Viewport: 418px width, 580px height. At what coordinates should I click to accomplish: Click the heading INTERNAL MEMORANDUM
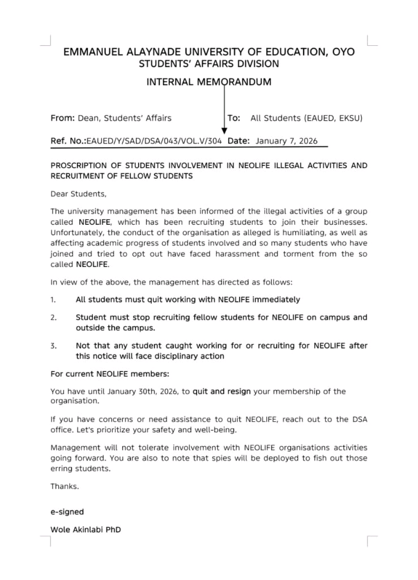[208, 82]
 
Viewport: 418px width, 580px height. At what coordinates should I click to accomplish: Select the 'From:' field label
[62, 118]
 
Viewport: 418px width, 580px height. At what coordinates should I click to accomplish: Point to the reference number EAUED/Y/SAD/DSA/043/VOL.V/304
[153, 140]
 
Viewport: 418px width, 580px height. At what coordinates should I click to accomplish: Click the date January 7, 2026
[287, 140]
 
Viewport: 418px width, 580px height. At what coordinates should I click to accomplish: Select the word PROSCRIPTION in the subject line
[76, 166]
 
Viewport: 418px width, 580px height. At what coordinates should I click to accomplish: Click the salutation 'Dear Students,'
[78, 194]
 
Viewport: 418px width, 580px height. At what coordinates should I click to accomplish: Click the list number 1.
[53, 300]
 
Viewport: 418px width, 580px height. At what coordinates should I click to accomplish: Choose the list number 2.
[53, 318]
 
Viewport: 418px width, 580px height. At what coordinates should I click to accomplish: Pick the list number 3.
[53, 346]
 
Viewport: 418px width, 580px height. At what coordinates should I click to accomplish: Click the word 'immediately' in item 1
[278, 300]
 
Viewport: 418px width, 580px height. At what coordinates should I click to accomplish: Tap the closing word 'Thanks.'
[65, 486]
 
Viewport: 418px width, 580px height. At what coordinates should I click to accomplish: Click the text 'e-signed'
[67, 512]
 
